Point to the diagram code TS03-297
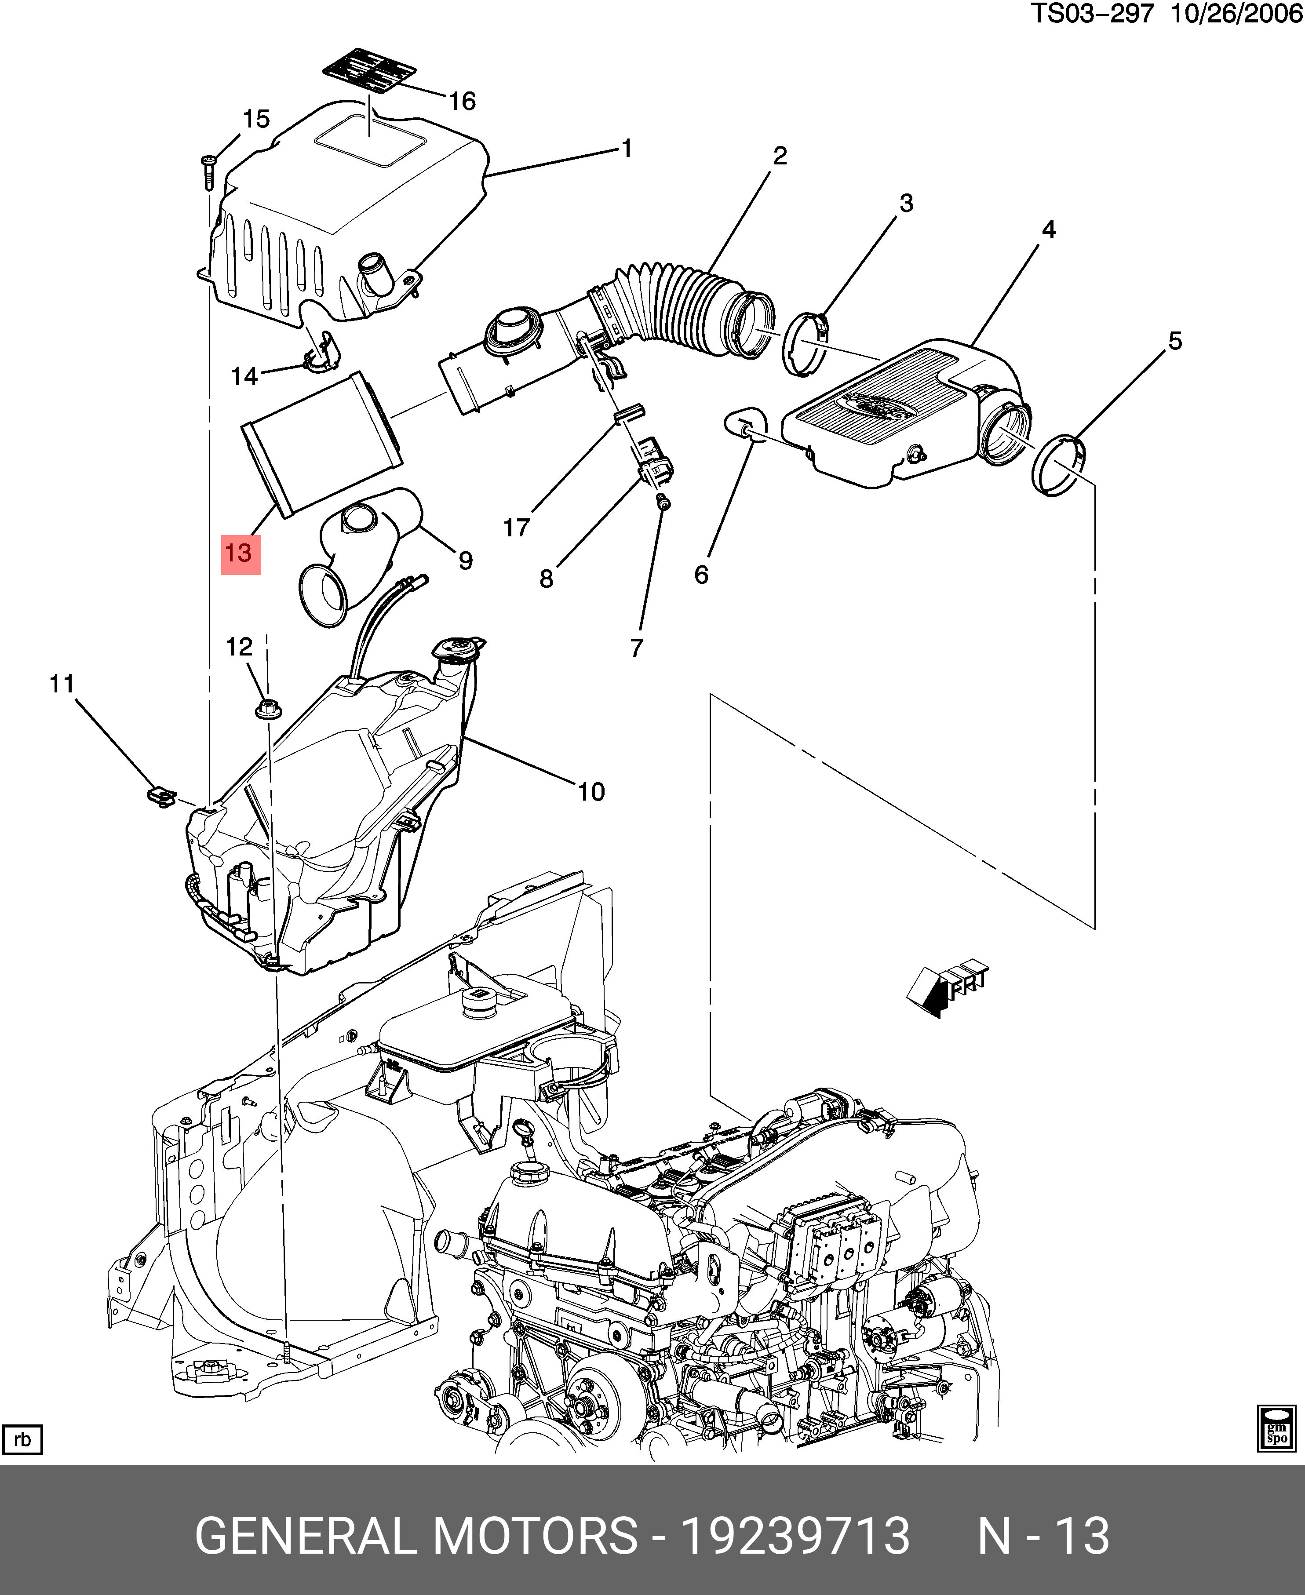pyautogui.click(x=1091, y=14)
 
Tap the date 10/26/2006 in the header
pyautogui.click(x=1236, y=14)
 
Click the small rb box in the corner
pyautogui.click(x=22, y=1439)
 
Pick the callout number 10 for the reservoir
pyautogui.click(x=591, y=791)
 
